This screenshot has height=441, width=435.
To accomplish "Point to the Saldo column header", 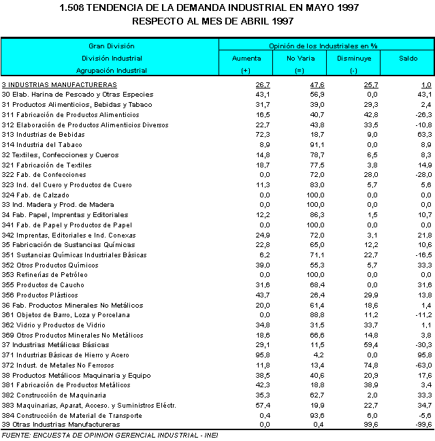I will tap(408, 59).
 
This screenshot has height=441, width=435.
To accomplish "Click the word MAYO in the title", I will tap(289, 8).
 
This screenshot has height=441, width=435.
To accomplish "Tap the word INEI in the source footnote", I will tap(209, 435).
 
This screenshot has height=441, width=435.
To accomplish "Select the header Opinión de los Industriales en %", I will tap(324, 46).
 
